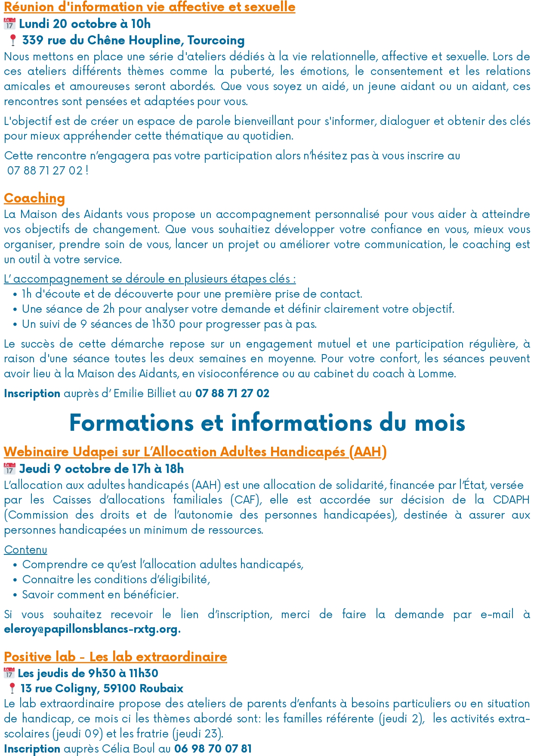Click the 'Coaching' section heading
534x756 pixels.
click(34, 198)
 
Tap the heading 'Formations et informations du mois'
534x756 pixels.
click(267, 423)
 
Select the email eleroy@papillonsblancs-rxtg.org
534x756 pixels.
click(91, 629)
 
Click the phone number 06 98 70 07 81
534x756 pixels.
click(213, 749)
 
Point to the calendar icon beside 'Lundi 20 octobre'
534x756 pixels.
click(9, 24)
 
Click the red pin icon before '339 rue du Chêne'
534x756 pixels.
click(13, 40)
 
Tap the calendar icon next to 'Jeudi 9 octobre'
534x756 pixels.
click(9, 469)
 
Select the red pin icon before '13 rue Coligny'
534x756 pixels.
click(12, 688)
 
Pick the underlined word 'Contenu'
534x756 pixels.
click(26, 550)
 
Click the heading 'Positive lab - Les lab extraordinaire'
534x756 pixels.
click(115, 657)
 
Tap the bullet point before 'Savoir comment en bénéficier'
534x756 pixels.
click(15, 595)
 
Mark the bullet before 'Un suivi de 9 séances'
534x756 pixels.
click(15, 325)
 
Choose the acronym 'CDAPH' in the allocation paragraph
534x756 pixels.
click(511, 500)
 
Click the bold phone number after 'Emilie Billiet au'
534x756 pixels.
click(232, 393)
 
